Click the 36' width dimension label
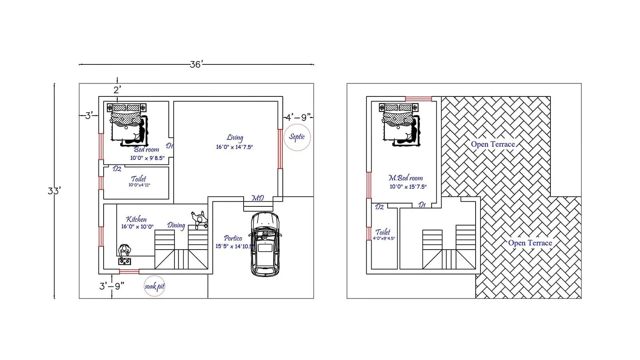pos(196,64)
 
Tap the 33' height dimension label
pos(54,191)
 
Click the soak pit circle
pos(154,286)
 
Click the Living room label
pos(235,138)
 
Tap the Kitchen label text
pos(136,219)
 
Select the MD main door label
pos(258,198)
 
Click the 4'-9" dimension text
pos(298,118)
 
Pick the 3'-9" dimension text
pos(112,286)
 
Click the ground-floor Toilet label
pos(139,179)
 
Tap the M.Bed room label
pos(406,178)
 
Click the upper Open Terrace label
pos(493,144)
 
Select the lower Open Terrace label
pos(530,243)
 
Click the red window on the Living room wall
pos(280,149)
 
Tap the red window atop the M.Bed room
pos(418,99)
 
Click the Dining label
pos(176,226)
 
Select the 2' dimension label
pos(117,90)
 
